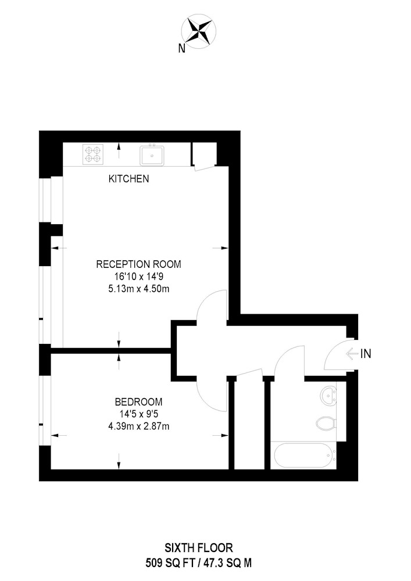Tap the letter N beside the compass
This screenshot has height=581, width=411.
point(181,49)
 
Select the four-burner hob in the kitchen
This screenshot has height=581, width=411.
point(92,155)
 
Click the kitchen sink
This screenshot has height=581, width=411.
point(152,156)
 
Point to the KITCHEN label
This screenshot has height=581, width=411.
point(128,179)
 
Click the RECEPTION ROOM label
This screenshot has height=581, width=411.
point(138,264)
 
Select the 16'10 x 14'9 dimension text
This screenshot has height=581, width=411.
point(138,277)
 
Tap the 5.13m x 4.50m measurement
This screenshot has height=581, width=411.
point(138,289)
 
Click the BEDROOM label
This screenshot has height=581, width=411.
point(138,401)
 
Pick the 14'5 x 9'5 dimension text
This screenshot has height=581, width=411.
point(138,414)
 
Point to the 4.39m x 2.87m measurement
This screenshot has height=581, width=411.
point(138,426)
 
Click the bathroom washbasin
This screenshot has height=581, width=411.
point(328,396)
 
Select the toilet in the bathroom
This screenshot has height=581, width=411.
point(326,423)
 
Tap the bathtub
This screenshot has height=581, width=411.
point(305,456)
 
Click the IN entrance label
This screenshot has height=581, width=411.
point(366,354)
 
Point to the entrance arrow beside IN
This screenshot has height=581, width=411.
point(352,354)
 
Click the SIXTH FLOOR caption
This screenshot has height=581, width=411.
point(199,548)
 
